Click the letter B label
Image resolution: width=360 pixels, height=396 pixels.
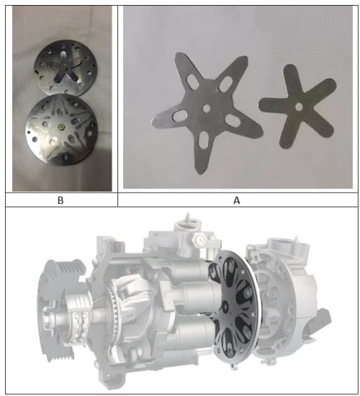(x=60, y=200)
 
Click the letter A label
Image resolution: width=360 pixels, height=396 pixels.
(x=236, y=200)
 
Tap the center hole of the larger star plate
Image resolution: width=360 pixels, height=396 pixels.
(x=207, y=109)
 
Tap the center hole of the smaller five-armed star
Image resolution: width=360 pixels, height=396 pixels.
(x=299, y=107)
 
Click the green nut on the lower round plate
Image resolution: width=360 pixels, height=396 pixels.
(x=61, y=127)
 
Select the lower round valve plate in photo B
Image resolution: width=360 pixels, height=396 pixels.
(x=62, y=130)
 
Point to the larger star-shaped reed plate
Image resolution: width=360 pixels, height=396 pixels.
(x=207, y=110)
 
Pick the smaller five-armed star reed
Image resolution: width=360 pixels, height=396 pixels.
(x=298, y=107)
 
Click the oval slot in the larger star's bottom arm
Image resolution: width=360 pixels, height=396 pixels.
(x=203, y=140)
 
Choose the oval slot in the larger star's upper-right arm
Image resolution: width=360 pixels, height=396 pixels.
(x=225, y=84)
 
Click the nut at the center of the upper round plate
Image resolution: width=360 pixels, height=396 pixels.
(x=65, y=66)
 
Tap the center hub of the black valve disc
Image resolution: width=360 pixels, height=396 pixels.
(x=225, y=307)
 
